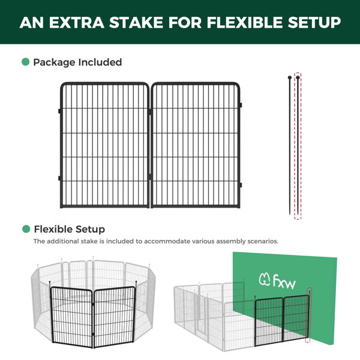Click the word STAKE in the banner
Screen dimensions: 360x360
[136, 23]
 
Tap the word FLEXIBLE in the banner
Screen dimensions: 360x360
[245, 23]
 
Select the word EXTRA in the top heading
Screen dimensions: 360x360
[77, 23]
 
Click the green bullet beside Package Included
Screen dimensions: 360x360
[25, 62]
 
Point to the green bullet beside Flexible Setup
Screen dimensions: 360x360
[26, 229]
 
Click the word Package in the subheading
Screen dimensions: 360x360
[54, 62]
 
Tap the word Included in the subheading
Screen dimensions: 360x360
[100, 62]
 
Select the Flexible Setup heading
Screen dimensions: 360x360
[70, 229]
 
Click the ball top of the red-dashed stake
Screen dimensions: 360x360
[298, 77]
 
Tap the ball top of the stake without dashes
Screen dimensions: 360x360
[290, 77]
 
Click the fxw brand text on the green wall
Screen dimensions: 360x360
[284, 281]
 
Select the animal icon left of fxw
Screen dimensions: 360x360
[265, 279]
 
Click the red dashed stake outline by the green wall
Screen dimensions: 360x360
[309, 314]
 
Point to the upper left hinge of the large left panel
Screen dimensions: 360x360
[59, 111]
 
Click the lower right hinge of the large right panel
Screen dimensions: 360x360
[241, 185]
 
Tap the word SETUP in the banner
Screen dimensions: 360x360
[314, 23]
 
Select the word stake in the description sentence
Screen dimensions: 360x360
[89, 241]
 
